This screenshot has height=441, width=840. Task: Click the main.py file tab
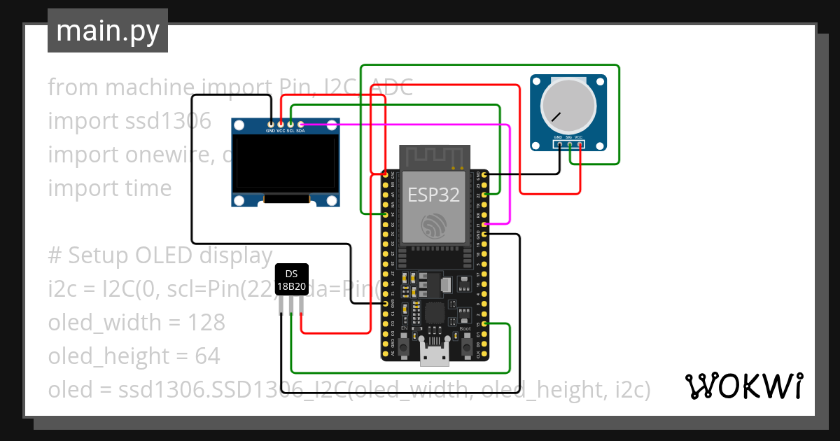click(x=107, y=31)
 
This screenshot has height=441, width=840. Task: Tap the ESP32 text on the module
click(x=434, y=195)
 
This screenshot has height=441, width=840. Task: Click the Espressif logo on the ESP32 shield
click(x=434, y=226)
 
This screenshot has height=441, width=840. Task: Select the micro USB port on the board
click(x=434, y=355)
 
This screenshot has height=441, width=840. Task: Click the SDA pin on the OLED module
click(x=300, y=124)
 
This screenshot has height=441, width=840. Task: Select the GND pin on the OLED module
click(x=271, y=124)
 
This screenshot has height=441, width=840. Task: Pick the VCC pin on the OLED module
click(x=281, y=124)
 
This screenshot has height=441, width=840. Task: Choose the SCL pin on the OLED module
click(x=290, y=124)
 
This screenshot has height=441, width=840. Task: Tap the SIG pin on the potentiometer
click(x=569, y=144)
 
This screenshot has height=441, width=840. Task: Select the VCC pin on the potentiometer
click(x=580, y=144)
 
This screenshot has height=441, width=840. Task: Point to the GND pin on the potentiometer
click(x=559, y=144)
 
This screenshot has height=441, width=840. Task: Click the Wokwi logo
click(x=743, y=386)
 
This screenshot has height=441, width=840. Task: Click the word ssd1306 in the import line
click(x=165, y=121)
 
